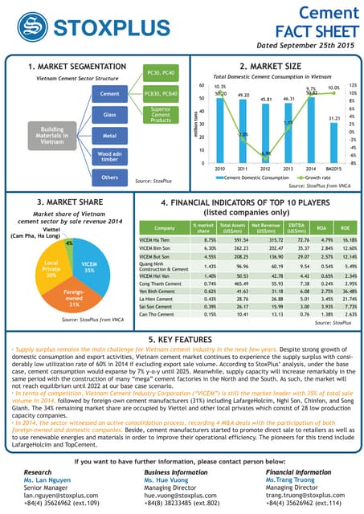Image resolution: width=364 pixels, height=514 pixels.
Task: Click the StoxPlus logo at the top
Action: [x=72, y=21]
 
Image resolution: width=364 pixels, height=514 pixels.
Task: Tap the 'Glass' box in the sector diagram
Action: [x=110, y=115]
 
